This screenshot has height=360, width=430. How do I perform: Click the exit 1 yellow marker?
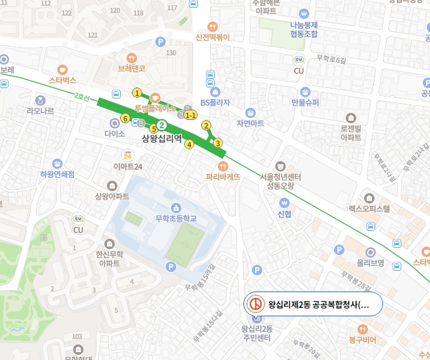tap(137, 92)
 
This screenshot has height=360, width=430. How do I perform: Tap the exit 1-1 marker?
tap(191, 115)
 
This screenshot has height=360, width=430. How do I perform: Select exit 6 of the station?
tap(125, 118)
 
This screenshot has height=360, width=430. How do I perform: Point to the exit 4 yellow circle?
tap(189, 144)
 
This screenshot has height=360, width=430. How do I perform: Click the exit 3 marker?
tap(218, 143)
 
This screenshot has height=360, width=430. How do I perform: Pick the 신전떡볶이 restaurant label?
tap(213, 37)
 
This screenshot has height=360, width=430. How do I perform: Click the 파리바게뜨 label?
tap(223, 176)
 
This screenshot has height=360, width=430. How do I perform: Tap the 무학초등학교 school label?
tap(176, 218)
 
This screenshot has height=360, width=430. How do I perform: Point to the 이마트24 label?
tap(128, 166)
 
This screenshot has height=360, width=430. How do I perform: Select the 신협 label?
tap(284, 213)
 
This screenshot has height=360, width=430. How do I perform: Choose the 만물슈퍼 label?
tap(305, 102)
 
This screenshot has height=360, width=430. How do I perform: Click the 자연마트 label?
tap(251, 123)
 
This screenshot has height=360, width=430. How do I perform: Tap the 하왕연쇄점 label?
tap(57, 174)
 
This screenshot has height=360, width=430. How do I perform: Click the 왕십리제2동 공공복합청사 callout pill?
tap(311, 305)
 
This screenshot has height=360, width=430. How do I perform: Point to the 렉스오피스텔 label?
tap(369, 209)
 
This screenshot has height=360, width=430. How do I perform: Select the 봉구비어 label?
tap(363, 340)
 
